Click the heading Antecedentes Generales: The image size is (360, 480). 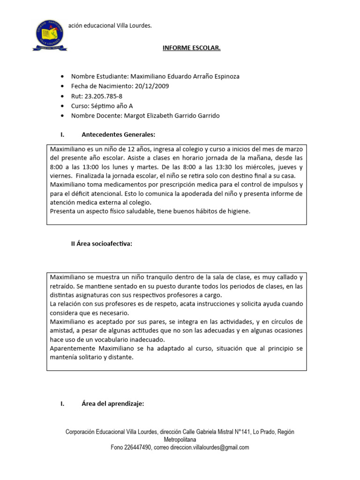click(x=118, y=135)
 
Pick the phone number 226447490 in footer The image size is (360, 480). click(x=137, y=448)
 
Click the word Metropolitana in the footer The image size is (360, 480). click(x=180, y=440)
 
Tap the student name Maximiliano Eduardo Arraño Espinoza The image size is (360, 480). click(x=185, y=76)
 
